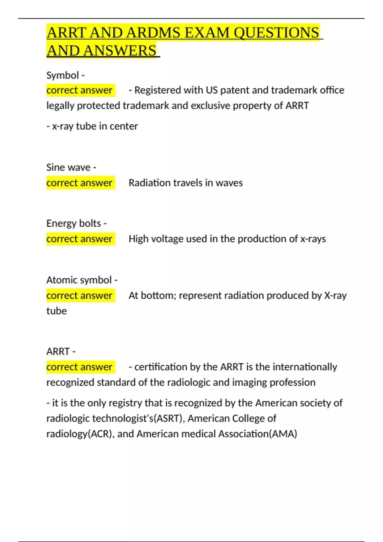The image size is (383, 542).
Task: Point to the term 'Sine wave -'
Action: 71,167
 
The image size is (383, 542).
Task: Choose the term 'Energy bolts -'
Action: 76,223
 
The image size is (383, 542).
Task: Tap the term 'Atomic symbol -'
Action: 82,280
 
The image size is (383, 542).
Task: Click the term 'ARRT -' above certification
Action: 61,351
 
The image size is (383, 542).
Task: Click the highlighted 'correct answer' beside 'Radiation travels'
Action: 79,183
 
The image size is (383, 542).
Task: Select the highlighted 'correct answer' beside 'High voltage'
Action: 79,239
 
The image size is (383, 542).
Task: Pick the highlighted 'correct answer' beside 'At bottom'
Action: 79,296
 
